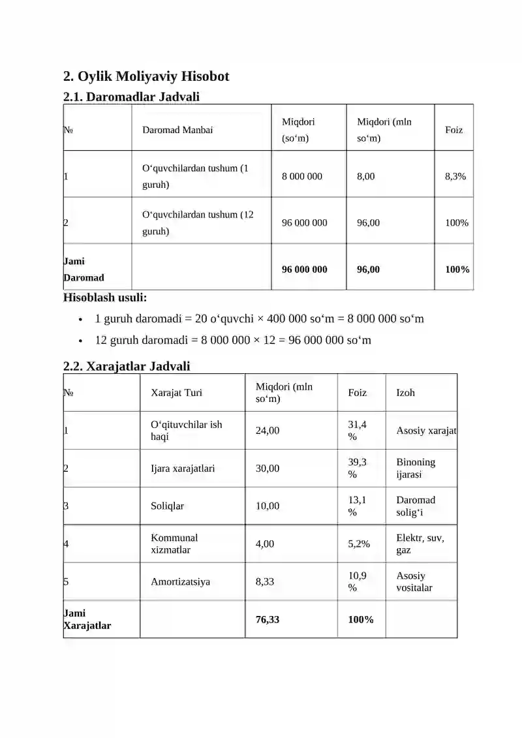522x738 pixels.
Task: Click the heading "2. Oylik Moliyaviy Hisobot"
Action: click(x=146, y=76)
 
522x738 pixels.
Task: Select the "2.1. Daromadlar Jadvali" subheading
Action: click(x=131, y=97)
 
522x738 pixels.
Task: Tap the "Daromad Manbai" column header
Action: click(x=177, y=130)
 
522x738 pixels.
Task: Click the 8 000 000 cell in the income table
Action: click(x=302, y=176)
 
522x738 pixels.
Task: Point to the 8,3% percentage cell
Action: click(x=455, y=176)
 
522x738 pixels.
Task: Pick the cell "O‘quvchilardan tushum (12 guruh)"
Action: click(x=198, y=223)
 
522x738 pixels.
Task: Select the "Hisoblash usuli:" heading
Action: click(x=105, y=298)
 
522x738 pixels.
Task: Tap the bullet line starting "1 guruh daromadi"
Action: click(x=259, y=319)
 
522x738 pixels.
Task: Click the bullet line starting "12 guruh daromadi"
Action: click(x=233, y=340)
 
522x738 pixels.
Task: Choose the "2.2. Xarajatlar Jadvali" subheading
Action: click(x=127, y=366)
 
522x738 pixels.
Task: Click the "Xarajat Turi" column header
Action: click(x=177, y=393)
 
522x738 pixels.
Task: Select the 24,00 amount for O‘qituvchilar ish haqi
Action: click(x=268, y=431)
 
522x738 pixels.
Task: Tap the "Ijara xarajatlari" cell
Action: click(x=183, y=469)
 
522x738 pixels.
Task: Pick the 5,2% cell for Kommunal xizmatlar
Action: click(x=359, y=544)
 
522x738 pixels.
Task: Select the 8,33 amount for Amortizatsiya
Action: click(x=265, y=581)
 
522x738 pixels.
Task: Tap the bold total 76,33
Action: click(x=268, y=619)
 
